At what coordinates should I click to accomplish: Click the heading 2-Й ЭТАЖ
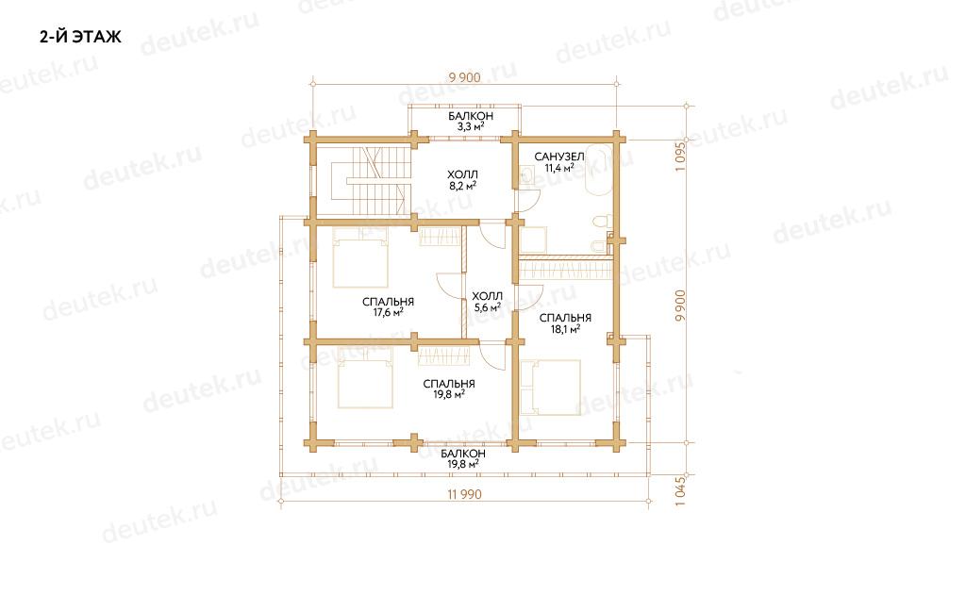click(x=81, y=37)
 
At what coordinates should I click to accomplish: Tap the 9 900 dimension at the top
click(x=464, y=77)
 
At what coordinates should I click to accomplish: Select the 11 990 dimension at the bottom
click(x=464, y=494)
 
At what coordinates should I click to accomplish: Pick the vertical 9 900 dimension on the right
click(x=680, y=306)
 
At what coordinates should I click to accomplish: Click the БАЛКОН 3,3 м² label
click(x=471, y=122)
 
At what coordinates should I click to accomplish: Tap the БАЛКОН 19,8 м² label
click(x=463, y=459)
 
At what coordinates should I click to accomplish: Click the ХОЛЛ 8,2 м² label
click(x=462, y=180)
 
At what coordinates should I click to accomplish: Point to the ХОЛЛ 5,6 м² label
click(x=488, y=302)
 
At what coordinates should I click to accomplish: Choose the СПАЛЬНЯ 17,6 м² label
click(x=388, y=307)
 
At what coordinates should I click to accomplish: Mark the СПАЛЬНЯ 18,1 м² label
click(x=566, y=323)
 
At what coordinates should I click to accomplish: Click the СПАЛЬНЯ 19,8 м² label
click(x=449, y=389)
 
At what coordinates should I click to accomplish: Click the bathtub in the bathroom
click(x=598, y=170)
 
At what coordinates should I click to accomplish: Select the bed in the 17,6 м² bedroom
click(x=360, y=257)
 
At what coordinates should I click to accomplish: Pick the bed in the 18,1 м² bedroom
click(x=551, y=388)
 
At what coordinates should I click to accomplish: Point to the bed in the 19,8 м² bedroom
click(x=365, y=377)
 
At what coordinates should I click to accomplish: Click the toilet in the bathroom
click(x=602, y=222)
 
